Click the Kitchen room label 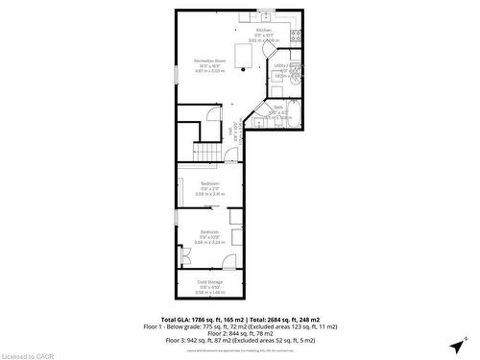click(x=263, y=30)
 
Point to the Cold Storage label click(x=210, y=281)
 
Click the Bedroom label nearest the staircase click(x=210, y=182)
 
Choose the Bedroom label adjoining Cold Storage click(x=210, y=231)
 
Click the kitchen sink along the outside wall click(x=263, y=12)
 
